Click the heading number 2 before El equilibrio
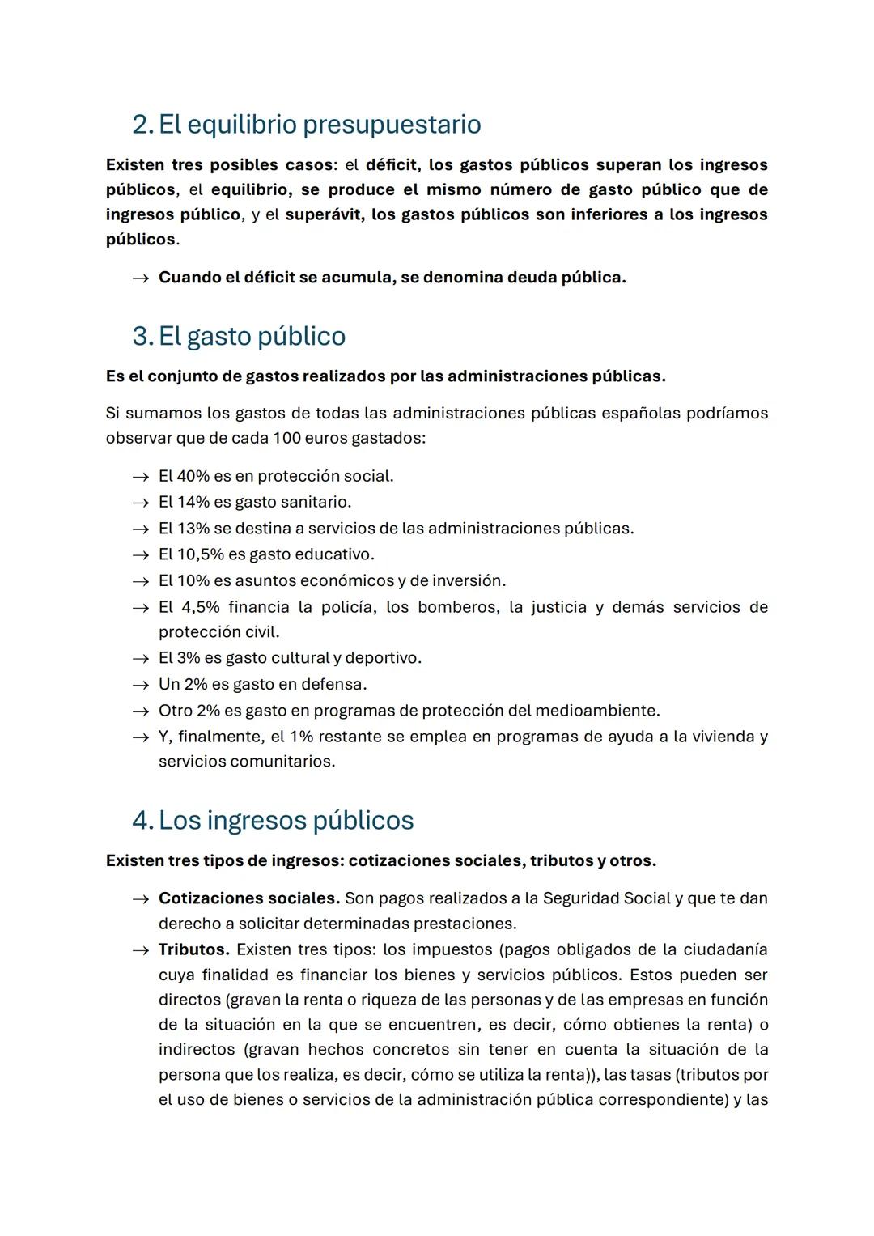142,125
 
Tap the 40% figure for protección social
193,476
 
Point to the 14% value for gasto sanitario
193,502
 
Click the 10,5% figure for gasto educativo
198,554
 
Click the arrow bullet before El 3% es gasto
141,658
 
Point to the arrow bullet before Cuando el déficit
141,278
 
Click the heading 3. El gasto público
239,336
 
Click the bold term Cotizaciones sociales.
248,898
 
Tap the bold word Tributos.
193,949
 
